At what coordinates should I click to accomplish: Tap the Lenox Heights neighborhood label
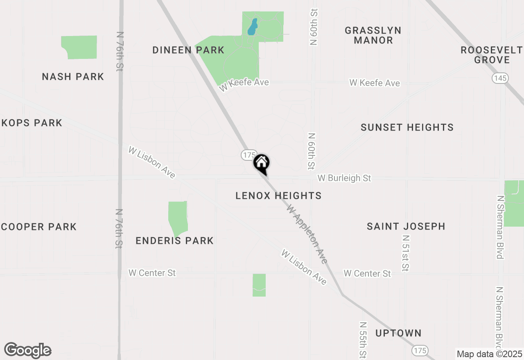(278, 196)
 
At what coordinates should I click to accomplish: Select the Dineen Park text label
(188, 50)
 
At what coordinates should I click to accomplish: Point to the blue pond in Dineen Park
(253, 27)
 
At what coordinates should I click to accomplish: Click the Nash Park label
(73, 77)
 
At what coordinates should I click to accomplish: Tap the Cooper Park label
(38, 227)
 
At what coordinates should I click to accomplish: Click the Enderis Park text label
(174, 241)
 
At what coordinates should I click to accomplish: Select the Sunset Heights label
(407, 128)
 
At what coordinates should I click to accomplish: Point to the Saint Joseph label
(406, 226)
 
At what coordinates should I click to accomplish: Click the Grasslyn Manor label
(373, 35)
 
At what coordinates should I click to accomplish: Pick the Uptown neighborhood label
(398, 333)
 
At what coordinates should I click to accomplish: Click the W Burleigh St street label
(344, 178)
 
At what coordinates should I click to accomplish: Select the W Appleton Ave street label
(307, 234)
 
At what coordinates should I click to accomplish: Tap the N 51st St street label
(406, 253)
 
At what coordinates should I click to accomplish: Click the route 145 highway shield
(500, 78)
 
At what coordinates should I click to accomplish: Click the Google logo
(28, 351)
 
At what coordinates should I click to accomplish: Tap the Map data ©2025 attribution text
(489, 354)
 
